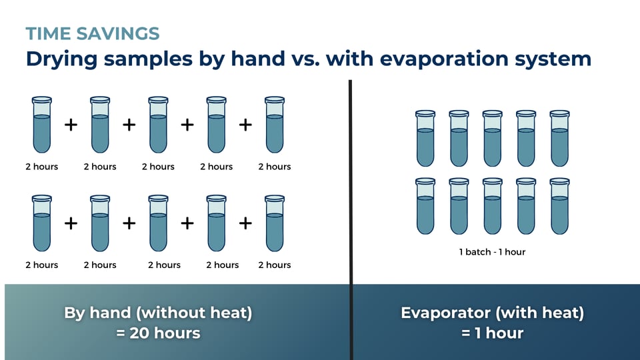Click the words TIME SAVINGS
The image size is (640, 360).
(93, 34)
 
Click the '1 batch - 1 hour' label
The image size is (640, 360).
(492, 252)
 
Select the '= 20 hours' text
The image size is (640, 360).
(158, 332)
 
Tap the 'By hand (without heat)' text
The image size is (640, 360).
(158, 312)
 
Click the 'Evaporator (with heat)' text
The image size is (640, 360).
(492, 312)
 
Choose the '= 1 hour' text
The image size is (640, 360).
(492, 332)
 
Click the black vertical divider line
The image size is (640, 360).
(350, 200)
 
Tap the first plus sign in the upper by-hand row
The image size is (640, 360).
(71, 125)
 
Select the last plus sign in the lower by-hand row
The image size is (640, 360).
(245, 223)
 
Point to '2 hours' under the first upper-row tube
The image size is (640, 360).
(41, 167)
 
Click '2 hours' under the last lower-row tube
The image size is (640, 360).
(275, 265)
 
